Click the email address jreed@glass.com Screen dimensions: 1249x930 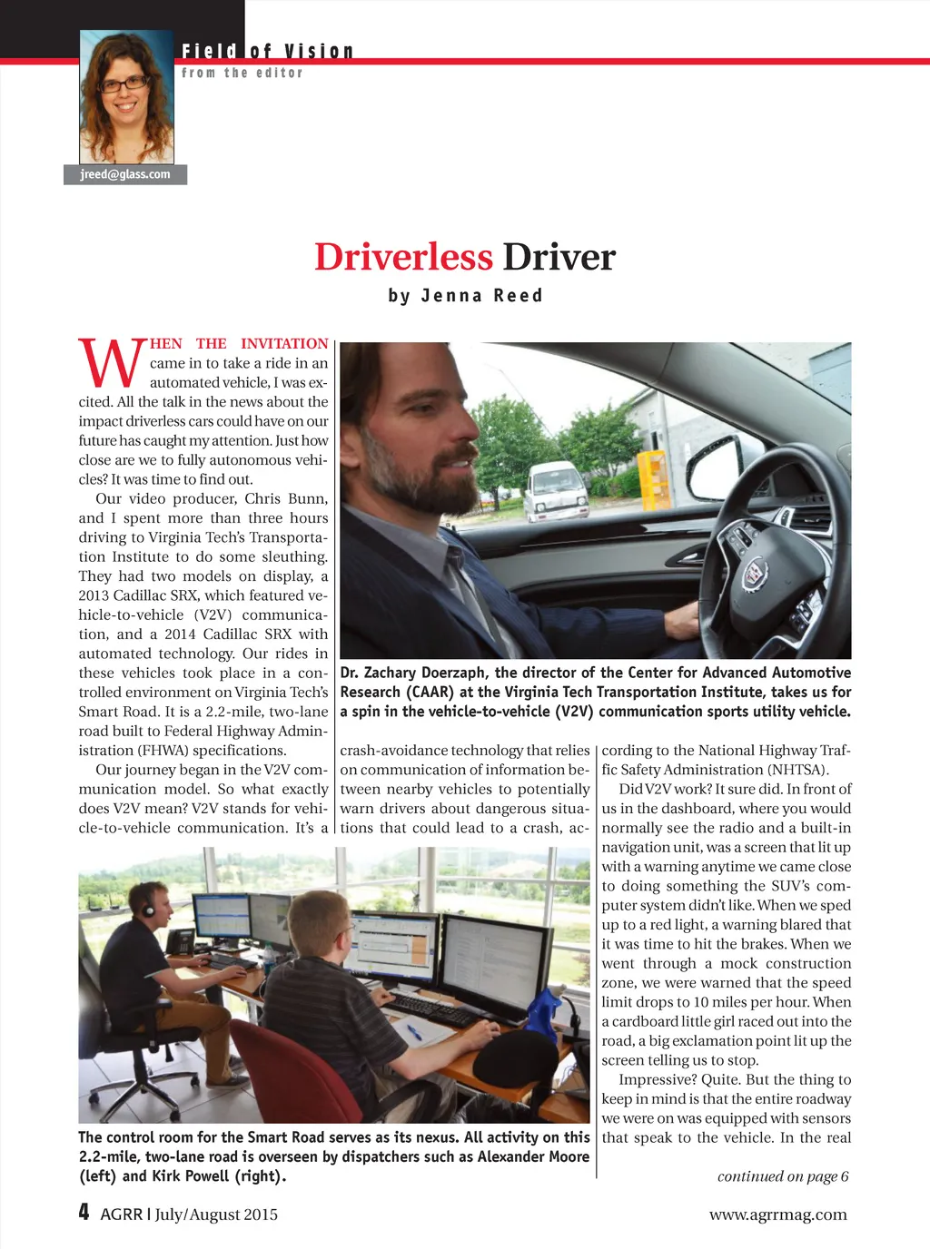point(125,174)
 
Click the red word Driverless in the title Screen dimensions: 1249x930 point(403,257)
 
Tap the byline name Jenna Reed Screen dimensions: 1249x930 point(481,296)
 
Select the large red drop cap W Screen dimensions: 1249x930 point(112,362)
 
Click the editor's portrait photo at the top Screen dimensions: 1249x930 point(126,97)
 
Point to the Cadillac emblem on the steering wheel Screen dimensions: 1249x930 point(753,575)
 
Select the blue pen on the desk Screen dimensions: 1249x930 point(414,1031)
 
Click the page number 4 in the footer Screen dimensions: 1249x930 point(84,1213)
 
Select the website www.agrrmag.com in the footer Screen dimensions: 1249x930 point(777,1215)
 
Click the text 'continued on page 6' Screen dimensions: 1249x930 point(782,1176)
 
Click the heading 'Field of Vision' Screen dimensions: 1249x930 point(267,52)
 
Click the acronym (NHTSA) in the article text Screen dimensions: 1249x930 point(798,770)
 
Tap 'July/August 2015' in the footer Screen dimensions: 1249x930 point(216,1215)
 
